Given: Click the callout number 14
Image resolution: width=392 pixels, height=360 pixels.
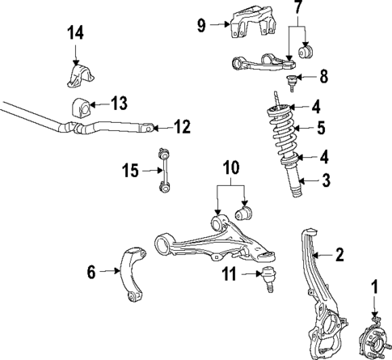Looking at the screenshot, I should [x=74, y=33].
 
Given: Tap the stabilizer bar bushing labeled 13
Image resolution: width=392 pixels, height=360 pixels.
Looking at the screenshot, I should [x=80, y=104].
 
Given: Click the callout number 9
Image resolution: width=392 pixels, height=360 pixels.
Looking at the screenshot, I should [x=201, y=24].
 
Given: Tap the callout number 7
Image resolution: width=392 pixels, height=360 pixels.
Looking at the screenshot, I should [x=297, y=11].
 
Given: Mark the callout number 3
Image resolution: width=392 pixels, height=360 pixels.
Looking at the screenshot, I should [x=325, y=180].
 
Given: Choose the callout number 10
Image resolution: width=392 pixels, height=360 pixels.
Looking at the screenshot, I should [x=231, y=169].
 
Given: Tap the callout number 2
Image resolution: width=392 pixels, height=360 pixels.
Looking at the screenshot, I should [x=340, y=256].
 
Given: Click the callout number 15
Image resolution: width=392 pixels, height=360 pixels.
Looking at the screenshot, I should [x=129, y=171].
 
